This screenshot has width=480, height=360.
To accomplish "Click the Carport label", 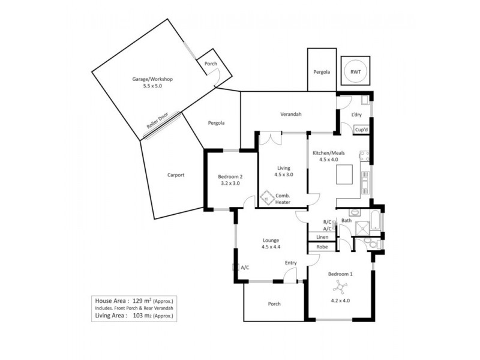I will (176, 175).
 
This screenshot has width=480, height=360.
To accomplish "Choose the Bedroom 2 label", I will (230, 176).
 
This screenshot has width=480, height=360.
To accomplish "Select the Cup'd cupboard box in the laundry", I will (361, 130).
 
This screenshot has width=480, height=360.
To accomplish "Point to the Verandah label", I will (290, 114).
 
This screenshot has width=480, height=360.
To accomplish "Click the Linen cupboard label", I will (322, 237).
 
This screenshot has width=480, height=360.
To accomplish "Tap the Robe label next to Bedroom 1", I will (322, 247).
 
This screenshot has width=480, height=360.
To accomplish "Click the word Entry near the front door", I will (291, 263).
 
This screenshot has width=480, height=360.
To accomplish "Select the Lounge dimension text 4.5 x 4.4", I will (271, 247).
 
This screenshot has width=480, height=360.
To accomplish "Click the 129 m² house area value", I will (141, 299).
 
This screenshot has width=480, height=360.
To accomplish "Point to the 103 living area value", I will (140, 315).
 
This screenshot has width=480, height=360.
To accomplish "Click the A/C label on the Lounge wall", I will (245, 268).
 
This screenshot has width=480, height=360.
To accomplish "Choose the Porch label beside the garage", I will (211, 64).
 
